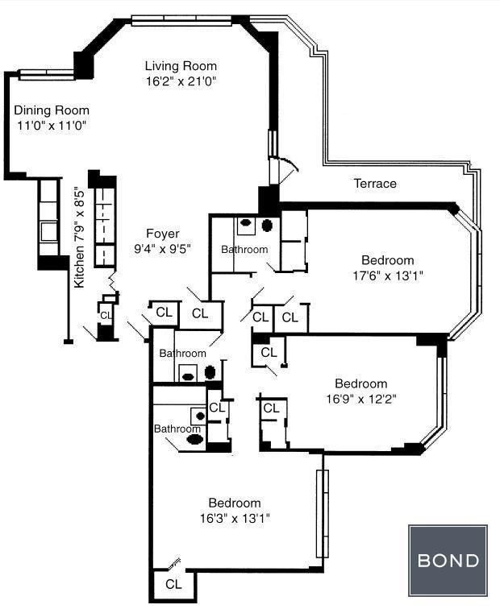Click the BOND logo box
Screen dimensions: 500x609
click(x=448, y=561)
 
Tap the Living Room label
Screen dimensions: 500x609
click(x=181, y=65)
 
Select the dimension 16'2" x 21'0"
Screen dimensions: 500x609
click(x=181, y=81)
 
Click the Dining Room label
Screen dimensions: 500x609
click(x=52, y=110)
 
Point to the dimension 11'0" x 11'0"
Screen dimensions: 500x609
click(x=52, y=126)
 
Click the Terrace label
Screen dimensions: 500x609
click(x=375, y=184)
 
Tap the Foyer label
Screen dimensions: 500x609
click(x=163, y=234)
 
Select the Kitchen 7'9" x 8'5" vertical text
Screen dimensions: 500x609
click(x=79, y=237)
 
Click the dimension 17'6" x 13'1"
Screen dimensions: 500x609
click(x=388, y=275)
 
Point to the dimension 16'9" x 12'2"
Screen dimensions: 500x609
click(x=361, y=399)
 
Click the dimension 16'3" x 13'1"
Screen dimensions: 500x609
click(x=235, y=518)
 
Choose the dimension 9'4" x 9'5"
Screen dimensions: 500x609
click(x=163, y=249)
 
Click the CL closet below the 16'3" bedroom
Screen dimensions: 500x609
click(x=173, y=584)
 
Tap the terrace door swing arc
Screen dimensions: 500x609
click(x=292, y=163)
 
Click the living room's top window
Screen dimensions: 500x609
click(x=181, y=20)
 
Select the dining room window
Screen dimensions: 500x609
click(x=46, y=75)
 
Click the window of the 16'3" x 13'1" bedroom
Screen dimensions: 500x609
click(x=323, y=514)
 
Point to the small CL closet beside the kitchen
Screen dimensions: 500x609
click(x=106, y=316)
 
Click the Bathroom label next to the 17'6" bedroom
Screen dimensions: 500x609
click(x=244, y=249)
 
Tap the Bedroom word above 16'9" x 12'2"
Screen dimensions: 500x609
click(x=361, y=383)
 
